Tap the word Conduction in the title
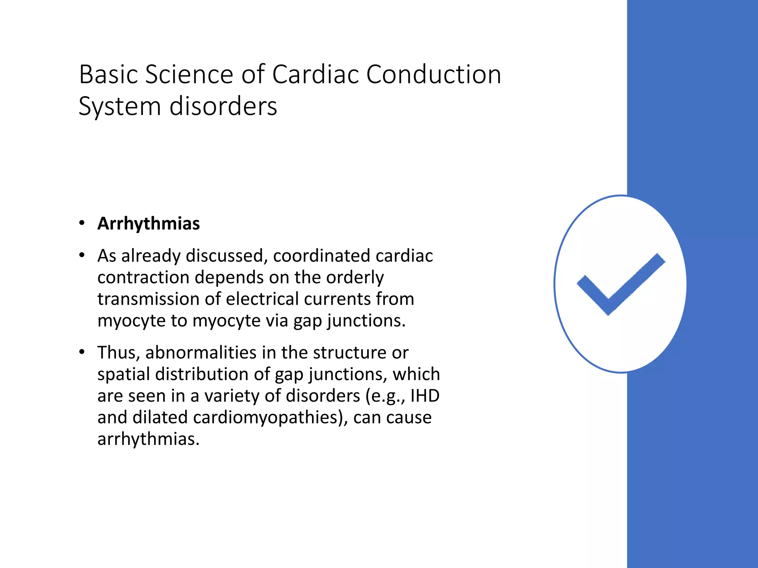click(433, 74)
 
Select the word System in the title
click(120, 106)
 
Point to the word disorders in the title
click(223, 106)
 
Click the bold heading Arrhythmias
click(148, 223)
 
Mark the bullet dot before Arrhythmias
click(82, 223)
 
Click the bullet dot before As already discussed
click(82, 255)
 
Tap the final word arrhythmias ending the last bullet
click(148, 439)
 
